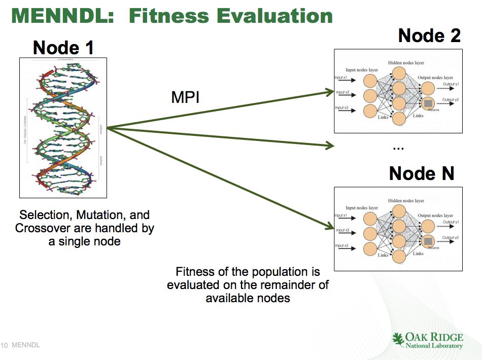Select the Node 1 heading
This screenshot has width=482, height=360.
tap(63, 48)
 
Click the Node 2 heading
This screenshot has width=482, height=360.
tap(429, 35)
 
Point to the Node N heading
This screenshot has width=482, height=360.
tap(421, 174)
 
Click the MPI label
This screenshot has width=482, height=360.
tap(185, 97)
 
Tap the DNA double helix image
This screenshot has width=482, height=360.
tap(63, 127)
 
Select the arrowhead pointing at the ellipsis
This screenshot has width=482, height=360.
tap(330, 147)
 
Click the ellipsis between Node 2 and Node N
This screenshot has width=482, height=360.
tap(398, 148)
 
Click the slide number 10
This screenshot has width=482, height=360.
tap(5, 346)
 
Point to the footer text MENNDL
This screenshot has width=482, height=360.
tap(25, 346)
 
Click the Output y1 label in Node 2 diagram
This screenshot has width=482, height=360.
tap(450, 84)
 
